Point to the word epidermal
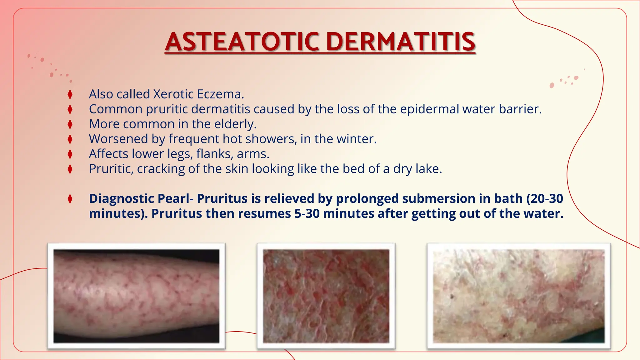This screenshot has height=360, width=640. click(x=429, y=109)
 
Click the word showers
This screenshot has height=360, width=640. click(x=271, y=139)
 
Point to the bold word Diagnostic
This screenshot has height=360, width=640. click(x=121, y=199)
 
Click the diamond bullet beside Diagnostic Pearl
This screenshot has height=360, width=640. click(x=70, y=199)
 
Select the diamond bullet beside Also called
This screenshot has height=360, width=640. click(x=70, y=94)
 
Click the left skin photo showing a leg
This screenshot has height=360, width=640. click(x=136, y=296)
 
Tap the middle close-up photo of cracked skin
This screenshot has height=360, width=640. click(x=326, y=296)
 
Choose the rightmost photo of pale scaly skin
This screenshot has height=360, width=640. click(x=519, y=296)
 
